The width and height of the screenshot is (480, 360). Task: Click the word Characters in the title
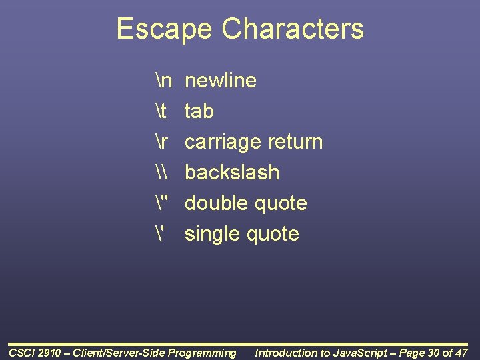coord(293,29)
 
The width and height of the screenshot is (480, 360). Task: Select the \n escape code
coord(163,81)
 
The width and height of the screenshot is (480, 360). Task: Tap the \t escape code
coord(159,111)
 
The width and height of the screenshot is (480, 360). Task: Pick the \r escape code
coord(160,142)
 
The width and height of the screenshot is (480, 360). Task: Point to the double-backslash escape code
coord(160,173)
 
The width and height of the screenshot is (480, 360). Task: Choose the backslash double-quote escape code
coord(160,203)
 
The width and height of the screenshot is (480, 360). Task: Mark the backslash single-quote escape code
coord(158,233)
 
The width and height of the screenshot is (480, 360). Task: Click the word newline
coord(221,81)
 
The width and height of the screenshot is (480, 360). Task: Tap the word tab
coord(199,111)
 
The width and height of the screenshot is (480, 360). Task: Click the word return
coord(295,142)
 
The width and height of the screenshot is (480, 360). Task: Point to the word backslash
coord(232,173)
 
